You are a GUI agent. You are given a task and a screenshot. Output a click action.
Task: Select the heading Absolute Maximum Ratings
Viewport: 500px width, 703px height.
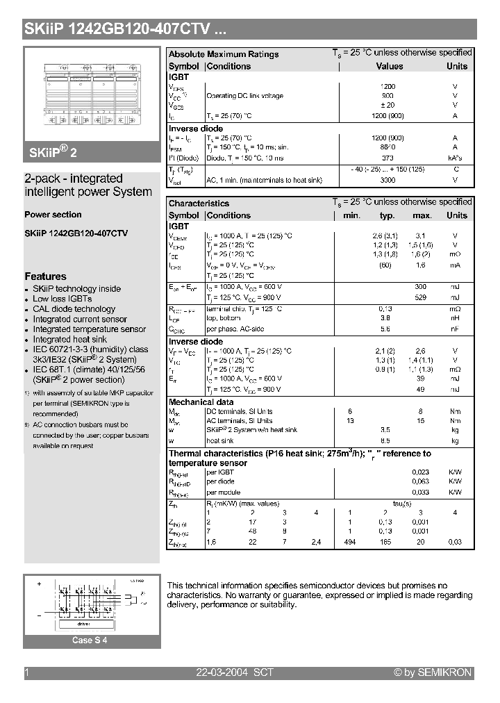224,54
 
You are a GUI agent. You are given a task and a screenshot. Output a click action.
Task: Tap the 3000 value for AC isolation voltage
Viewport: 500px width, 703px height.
387,180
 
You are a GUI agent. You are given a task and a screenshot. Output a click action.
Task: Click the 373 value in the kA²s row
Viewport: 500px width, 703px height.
387,158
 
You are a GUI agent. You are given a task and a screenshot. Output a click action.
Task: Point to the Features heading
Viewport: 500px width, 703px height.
45,276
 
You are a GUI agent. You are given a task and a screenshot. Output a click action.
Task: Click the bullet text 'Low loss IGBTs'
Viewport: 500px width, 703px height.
62,299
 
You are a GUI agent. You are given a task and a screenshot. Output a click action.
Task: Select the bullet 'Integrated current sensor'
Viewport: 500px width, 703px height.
80,320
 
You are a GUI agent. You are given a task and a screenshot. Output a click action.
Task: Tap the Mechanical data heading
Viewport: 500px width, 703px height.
201,402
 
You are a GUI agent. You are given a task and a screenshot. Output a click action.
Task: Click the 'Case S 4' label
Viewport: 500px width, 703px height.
90,640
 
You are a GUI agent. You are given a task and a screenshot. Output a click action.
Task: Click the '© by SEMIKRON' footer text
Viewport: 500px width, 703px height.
432,672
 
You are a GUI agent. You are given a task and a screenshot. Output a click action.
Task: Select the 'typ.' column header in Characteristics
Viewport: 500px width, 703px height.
387,215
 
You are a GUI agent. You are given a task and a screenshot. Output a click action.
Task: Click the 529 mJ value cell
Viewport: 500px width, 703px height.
421,298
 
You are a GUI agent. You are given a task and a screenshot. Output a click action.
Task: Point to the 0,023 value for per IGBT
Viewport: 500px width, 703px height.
421,472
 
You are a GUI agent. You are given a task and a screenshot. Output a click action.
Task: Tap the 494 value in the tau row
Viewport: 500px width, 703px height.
350,541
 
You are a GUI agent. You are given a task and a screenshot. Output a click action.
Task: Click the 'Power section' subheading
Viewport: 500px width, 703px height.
53,215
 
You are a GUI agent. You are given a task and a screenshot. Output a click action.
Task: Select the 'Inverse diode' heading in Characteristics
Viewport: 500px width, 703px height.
196,342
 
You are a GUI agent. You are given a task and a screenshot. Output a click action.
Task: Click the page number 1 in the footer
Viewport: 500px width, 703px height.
26,672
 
